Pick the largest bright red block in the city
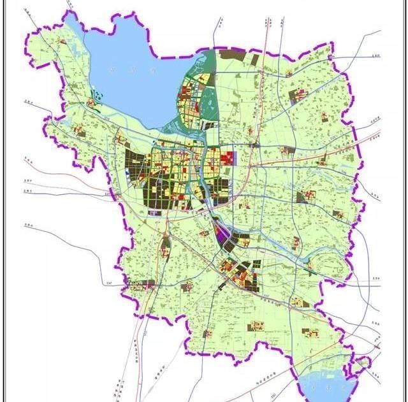[x=226, y=155]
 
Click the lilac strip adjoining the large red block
[x=235, y=156]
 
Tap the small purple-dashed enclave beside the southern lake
[x=362, y=364]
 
